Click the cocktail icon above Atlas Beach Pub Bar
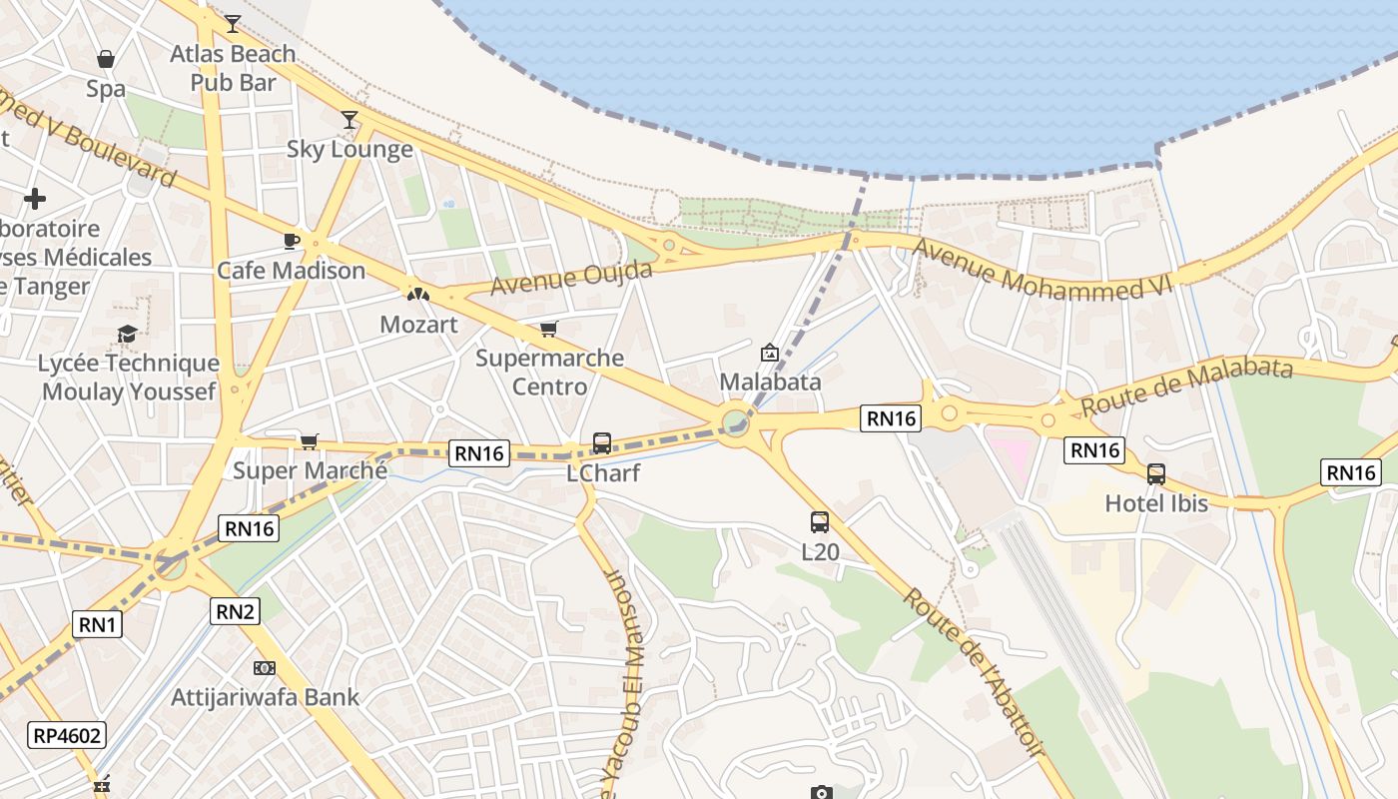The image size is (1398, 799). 233,23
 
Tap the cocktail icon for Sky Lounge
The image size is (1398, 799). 349,120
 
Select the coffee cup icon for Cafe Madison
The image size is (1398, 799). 292,241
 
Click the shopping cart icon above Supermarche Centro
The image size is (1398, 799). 548,329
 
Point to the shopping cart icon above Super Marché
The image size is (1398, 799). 310,440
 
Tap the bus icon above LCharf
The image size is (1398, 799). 602,442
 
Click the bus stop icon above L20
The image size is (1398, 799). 820,521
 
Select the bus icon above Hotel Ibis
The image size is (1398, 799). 1156,473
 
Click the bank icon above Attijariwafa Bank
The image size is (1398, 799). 265,667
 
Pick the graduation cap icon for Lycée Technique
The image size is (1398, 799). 127,334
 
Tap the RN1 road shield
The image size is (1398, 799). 98,625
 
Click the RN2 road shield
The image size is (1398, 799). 235,610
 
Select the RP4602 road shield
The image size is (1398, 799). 67,736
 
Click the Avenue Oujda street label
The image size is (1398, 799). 571,278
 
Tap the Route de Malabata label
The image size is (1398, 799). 1186,387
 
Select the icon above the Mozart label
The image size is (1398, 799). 418,295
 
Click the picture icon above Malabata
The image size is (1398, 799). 770,353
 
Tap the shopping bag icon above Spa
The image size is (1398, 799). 105,59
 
